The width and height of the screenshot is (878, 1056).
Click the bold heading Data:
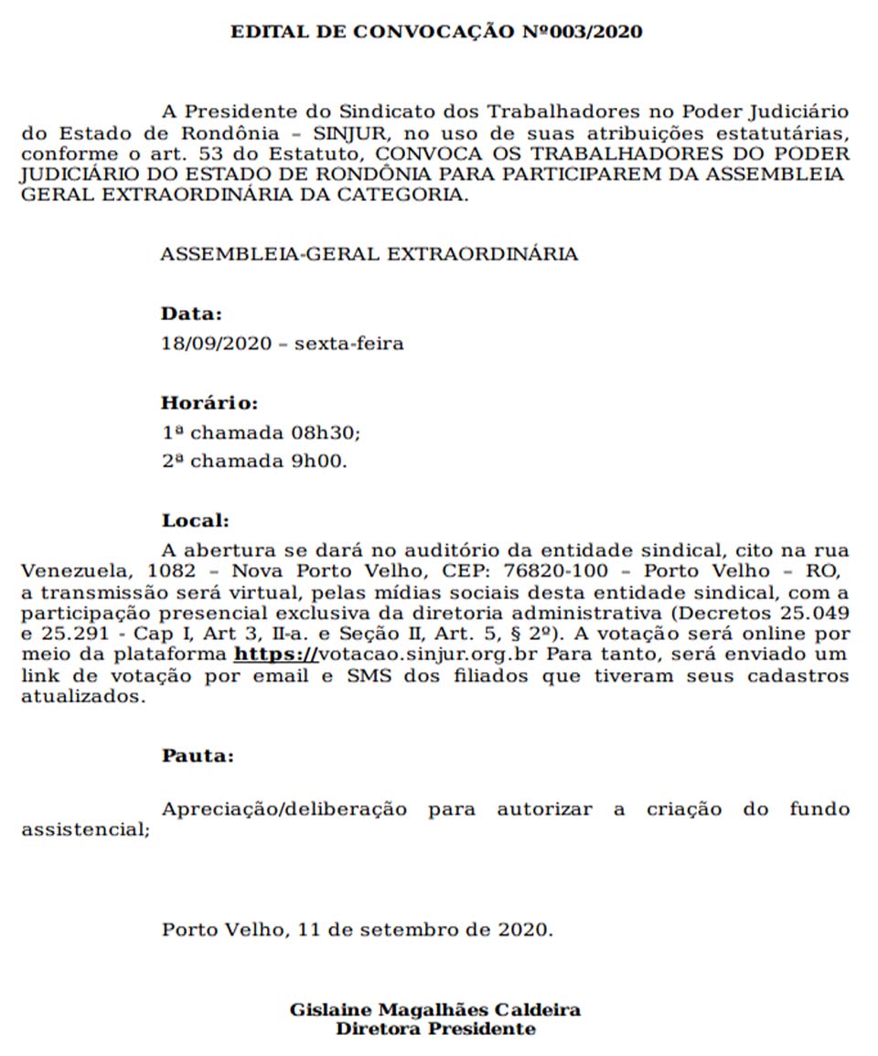191,314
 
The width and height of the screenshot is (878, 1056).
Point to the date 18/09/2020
216,345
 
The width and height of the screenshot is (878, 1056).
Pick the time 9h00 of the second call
319,462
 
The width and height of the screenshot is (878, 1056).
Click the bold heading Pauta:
198,756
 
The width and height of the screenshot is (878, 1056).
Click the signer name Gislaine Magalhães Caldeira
434,1010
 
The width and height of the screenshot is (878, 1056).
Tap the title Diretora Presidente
435,1029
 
